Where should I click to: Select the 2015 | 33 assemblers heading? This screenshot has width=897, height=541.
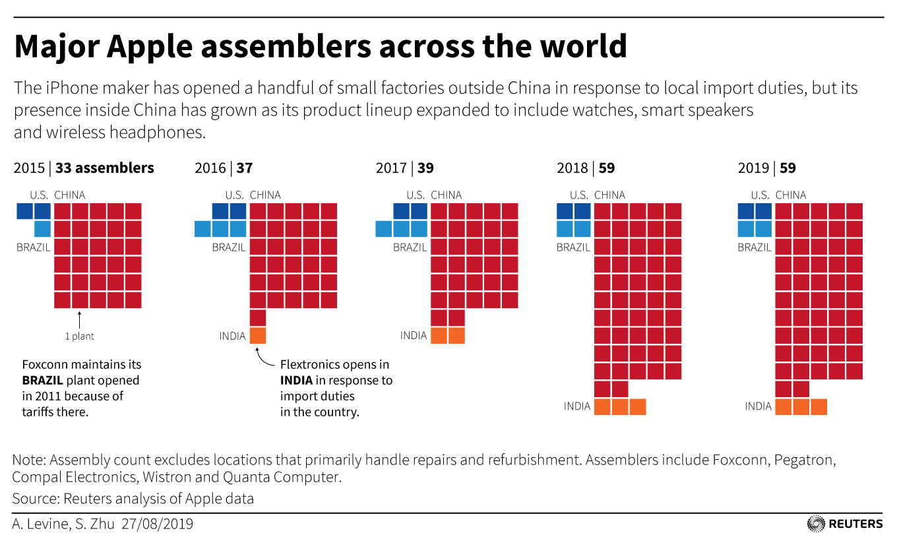pos(84,168)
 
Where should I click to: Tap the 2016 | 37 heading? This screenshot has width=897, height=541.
pos(224,168)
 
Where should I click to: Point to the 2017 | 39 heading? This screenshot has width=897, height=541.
pos(405,168)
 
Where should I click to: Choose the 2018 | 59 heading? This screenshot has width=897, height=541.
pos(586,168)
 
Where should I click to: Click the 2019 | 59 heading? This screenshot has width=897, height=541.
pos(767,168)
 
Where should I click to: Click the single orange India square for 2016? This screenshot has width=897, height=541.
pos(258,336)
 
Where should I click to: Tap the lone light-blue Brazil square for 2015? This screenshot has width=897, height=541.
pos(42,229)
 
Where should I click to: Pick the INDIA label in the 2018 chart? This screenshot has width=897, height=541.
pos(577,406)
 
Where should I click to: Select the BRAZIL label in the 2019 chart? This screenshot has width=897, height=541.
pos(755,248)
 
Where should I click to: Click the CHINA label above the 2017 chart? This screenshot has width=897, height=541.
pos(447,195)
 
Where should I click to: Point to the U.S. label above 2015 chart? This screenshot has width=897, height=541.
pos(40,195)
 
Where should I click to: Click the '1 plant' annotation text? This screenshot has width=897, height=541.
pos(79,336)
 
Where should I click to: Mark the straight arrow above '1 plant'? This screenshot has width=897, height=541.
pos(79,320)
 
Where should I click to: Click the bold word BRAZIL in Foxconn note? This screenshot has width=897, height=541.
pos(44,381)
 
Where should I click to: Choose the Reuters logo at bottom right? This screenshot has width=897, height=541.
pos(845,524)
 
